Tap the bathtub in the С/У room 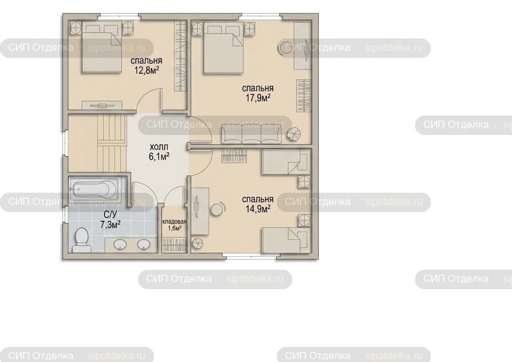click(x=94, y=189)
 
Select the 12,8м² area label click(x=147, y=70)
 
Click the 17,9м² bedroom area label click(x=258, y=98)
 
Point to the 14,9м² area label click(x=258, y=209)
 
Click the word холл click(x=159, y=147)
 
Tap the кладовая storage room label click(x=174, y=222)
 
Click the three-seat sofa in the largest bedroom click(x=251, y=134)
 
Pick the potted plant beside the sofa click(x=294, y=134)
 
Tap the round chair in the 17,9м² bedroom click(x=284, y=48)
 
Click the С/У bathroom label click(x=110, y=215)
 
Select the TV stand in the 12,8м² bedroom click(x=102, y=105)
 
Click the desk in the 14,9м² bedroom click(x=200, y=211)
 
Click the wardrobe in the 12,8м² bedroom click(x=180, y=56)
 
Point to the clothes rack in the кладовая click(x=175, y=245)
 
